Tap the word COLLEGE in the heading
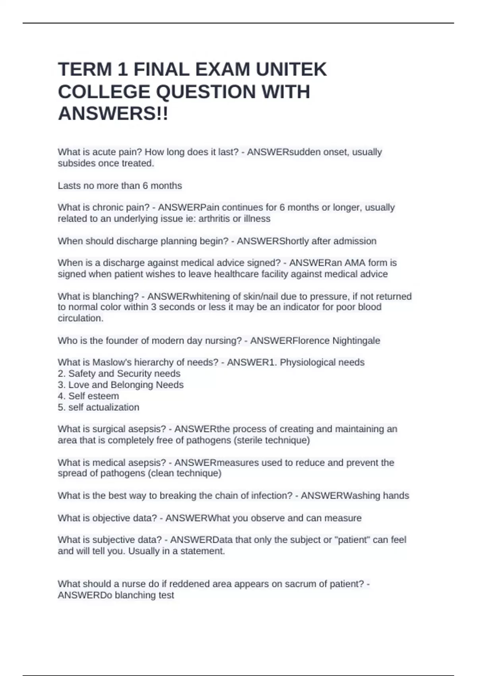click(105, 92)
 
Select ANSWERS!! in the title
click(113, 114)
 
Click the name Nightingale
click(356, 341)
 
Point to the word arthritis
click(214, 219)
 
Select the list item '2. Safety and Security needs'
click(119, 374)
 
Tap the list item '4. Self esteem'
click(88, 396)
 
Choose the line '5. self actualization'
click(99, 407)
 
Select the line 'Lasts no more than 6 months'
click(120, 186)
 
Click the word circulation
click(80, 319)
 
